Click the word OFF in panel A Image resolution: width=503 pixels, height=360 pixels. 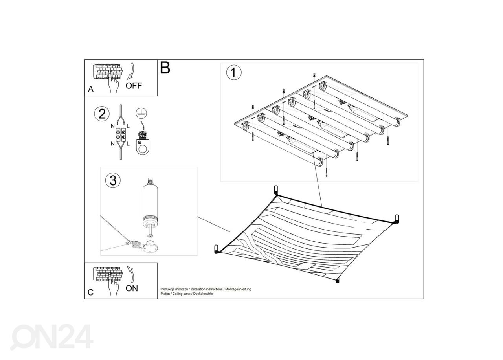134,86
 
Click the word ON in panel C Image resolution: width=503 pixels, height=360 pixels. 132,288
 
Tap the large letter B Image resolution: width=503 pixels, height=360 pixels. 165,68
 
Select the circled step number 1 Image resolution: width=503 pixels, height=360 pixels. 234,73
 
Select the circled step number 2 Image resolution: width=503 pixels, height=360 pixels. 102,114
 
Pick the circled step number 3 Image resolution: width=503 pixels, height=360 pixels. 113,180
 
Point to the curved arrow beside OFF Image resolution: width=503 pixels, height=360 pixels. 131,72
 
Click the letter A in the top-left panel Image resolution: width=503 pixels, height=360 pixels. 90,89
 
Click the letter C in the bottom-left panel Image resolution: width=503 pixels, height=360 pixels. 90,292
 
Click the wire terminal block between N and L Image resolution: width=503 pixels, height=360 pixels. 121,134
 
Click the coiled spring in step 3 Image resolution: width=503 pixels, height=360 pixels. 136,244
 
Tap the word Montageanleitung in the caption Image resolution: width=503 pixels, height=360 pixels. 238,289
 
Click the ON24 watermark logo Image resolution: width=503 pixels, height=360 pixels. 51,337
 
